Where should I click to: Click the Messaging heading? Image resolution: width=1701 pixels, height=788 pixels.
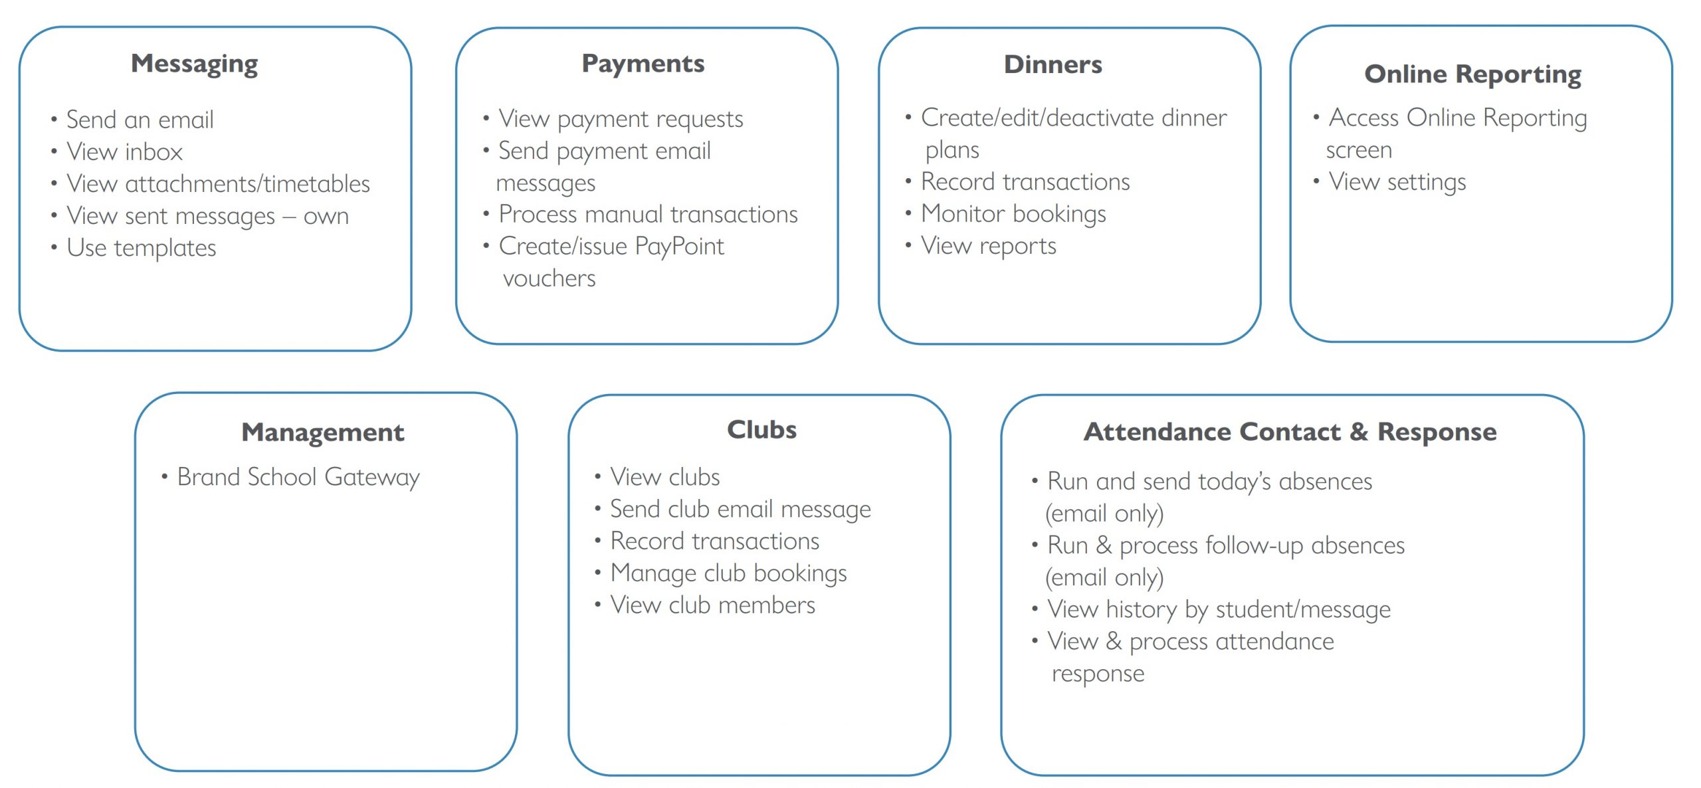194,64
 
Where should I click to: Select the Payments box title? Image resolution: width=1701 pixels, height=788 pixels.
643,63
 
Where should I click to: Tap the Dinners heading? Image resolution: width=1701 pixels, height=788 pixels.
1052,64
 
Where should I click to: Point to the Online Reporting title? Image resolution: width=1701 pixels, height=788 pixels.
1472,74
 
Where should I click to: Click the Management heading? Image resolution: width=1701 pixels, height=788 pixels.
323,433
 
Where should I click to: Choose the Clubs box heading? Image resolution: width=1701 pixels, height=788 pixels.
761,430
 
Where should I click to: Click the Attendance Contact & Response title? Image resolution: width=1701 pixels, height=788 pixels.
1290,432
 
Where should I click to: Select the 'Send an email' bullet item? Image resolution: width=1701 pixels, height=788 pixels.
140,120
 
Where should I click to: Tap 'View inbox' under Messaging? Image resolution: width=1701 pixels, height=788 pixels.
124,151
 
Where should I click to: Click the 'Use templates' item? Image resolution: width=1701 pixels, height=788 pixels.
142,248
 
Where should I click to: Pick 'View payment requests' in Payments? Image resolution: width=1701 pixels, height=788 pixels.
621,119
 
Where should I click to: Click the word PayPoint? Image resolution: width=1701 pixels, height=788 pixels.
679,246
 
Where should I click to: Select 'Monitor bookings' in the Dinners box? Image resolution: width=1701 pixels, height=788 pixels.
1013,214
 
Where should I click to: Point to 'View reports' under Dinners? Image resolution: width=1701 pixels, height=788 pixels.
988,246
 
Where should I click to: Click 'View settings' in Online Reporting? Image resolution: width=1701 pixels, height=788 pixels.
1397,182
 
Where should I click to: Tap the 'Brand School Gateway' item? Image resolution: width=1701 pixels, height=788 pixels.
298,477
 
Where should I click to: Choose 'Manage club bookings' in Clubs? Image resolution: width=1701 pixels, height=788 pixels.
728,573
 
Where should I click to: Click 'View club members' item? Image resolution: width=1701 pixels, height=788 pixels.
712,605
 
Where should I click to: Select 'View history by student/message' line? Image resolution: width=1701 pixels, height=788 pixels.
1219,609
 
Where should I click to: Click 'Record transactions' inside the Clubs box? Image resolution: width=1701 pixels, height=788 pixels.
714,542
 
